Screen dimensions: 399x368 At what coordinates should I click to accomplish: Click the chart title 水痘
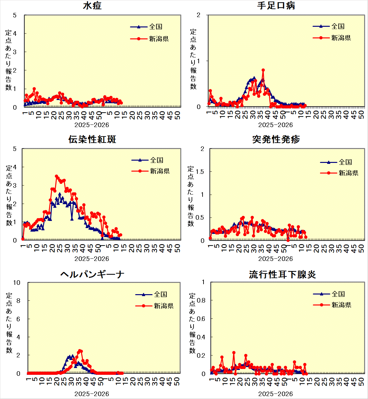[x=92, y=5]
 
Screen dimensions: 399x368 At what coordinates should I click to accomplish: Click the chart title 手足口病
[x=276, y=5]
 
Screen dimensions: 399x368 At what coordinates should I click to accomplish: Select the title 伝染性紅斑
[x=92, y=139]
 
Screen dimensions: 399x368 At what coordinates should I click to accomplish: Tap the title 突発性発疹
[x=276, y=139]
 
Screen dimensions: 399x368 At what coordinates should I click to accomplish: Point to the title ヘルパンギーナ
[x=92, y=274]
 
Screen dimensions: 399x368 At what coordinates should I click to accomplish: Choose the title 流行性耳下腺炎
[x=282, y=274]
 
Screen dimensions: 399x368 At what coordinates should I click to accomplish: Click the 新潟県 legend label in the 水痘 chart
[x=159, y=39]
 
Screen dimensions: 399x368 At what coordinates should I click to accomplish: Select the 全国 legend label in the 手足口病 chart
[x=338, y=26]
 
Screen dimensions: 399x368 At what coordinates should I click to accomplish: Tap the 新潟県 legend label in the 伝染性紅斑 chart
[x=160, y=171]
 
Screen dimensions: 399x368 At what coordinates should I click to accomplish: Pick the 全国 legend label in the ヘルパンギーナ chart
[x=160, y=294]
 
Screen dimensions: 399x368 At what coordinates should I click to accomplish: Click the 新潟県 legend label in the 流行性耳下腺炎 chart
[x=341, y=305]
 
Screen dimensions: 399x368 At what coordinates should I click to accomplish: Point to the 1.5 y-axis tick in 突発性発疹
[x=200, y=172]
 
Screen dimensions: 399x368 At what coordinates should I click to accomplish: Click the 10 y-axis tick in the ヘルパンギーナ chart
[x=17, y=283]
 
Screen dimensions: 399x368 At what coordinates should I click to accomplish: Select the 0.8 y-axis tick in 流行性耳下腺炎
[x=201, y=300]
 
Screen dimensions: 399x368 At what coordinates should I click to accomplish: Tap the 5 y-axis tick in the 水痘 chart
[x=15, y=15]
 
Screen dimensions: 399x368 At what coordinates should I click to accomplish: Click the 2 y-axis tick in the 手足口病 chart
[x=199, y=15]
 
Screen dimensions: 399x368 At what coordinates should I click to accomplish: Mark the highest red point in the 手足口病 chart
[x=263, y=70]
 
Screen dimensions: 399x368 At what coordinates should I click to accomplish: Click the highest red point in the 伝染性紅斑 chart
[x=56, y=176]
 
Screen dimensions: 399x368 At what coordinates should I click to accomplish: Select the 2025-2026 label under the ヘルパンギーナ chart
[x=92, y=394]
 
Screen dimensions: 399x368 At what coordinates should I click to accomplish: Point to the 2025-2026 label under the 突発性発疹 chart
[x=275, y=259]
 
